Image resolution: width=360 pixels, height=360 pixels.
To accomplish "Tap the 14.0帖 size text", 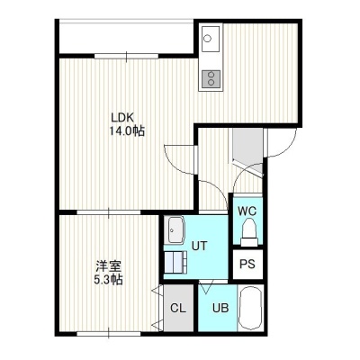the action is click(127, 131).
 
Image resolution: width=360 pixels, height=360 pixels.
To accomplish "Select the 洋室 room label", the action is click(109, 266).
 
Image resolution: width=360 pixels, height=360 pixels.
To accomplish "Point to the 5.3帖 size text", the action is click(108, 280).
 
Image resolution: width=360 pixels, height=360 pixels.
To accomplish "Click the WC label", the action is click(247, 211).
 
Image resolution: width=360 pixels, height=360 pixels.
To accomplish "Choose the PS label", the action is click(247, 264).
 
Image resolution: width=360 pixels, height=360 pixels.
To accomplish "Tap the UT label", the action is click(199, 246).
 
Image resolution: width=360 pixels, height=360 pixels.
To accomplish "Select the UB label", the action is click(220, 308).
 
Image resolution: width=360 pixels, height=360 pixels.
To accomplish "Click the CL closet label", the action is click(178, 308).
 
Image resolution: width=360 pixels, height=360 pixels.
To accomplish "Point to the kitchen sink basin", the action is click(211, 39).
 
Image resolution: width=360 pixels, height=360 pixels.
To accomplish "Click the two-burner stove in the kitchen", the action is click(211, 79).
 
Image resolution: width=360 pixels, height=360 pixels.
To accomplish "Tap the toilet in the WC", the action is click(249, 231).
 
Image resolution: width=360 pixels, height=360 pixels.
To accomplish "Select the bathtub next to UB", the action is click(250, 308).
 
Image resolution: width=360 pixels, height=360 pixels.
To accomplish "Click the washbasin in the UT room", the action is click(175, 230).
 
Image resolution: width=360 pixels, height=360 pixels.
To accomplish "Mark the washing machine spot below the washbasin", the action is click(175, 262).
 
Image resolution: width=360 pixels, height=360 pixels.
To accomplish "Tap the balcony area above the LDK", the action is click(127, 37).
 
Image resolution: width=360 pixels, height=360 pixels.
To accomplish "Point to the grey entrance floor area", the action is click(247, 149).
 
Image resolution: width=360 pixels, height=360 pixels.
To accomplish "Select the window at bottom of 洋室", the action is click(109, 333).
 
